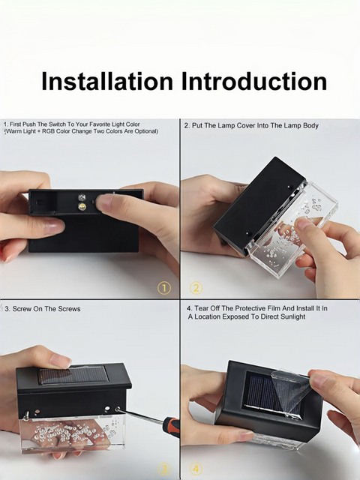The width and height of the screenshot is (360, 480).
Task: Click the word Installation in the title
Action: (107, 82)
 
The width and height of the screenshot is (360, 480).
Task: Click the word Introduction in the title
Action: (254, 82)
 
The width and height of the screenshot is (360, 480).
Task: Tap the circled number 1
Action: (164, 288)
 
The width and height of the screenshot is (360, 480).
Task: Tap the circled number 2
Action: (196, 288)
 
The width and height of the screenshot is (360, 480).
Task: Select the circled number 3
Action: (164, 469)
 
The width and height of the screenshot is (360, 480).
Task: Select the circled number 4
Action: (196, 469)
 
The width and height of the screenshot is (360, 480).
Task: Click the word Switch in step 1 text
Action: (57, 124)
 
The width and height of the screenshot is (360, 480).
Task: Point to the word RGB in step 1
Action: (48, 131)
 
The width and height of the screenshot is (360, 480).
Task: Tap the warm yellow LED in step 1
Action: (82, 206)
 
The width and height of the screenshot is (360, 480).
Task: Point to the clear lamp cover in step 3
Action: (73, 434)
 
